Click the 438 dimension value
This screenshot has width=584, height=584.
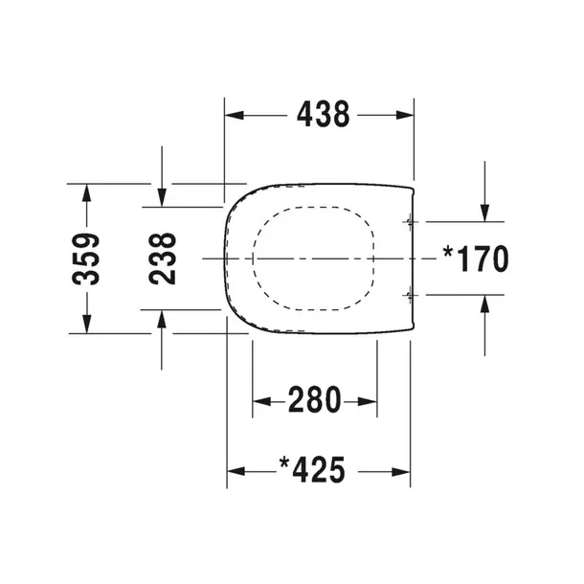(x=321, y=115)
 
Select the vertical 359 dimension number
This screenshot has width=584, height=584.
(x=87, y=258)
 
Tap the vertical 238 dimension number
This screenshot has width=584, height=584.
(x=163, y=258)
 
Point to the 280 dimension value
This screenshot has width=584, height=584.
(x=314, y=400)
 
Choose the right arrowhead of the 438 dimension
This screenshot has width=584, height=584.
(x=405, y=116)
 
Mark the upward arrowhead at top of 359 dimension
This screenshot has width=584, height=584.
(x=87, y=191)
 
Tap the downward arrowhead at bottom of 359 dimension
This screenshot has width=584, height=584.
(x=87, y=325)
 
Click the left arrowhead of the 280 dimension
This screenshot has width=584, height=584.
(x=259, y=401)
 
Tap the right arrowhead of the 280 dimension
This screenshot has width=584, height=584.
(x=370, y=401)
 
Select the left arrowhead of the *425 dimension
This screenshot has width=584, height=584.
(x=235, y=471)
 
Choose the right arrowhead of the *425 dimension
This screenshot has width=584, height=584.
(x=404, y=471)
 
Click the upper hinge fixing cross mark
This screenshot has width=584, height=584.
(x=411, y=222)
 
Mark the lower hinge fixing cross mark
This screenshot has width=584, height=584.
(x=411, y=295)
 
